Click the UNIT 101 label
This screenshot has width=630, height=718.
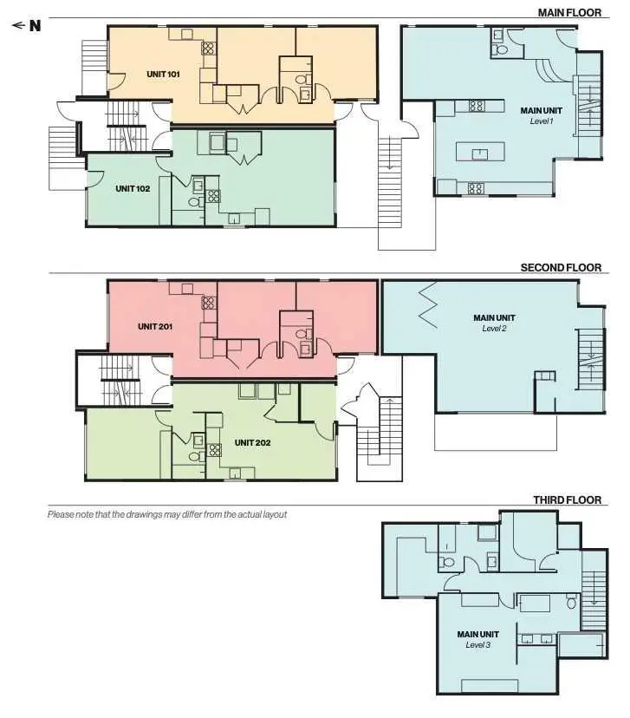(163, 75)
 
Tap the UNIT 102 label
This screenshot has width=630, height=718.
(133, 189)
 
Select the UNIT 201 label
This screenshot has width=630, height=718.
(155, 327)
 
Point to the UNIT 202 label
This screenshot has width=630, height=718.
(252, 443)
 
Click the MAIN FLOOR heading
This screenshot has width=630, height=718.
(569, 13)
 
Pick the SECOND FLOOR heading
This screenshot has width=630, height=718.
(561, 267)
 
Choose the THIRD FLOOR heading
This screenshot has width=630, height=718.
(568, 500)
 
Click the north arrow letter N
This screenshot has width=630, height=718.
(36, 26)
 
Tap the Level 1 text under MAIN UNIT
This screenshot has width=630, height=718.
(542, 121)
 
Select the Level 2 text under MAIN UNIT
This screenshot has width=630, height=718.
(494, 329)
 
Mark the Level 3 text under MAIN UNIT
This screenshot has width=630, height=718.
(478, 645)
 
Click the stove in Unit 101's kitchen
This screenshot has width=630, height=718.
(208, 48)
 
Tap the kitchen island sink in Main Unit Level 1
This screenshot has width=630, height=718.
(479, 153)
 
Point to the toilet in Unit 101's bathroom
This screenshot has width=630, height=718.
(301, 80)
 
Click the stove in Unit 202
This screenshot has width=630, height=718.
(214, 450)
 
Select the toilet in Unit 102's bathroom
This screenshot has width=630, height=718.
(194, 202)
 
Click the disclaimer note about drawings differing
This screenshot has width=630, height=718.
(167, 515)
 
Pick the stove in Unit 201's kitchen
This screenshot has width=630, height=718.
(208, 303)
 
